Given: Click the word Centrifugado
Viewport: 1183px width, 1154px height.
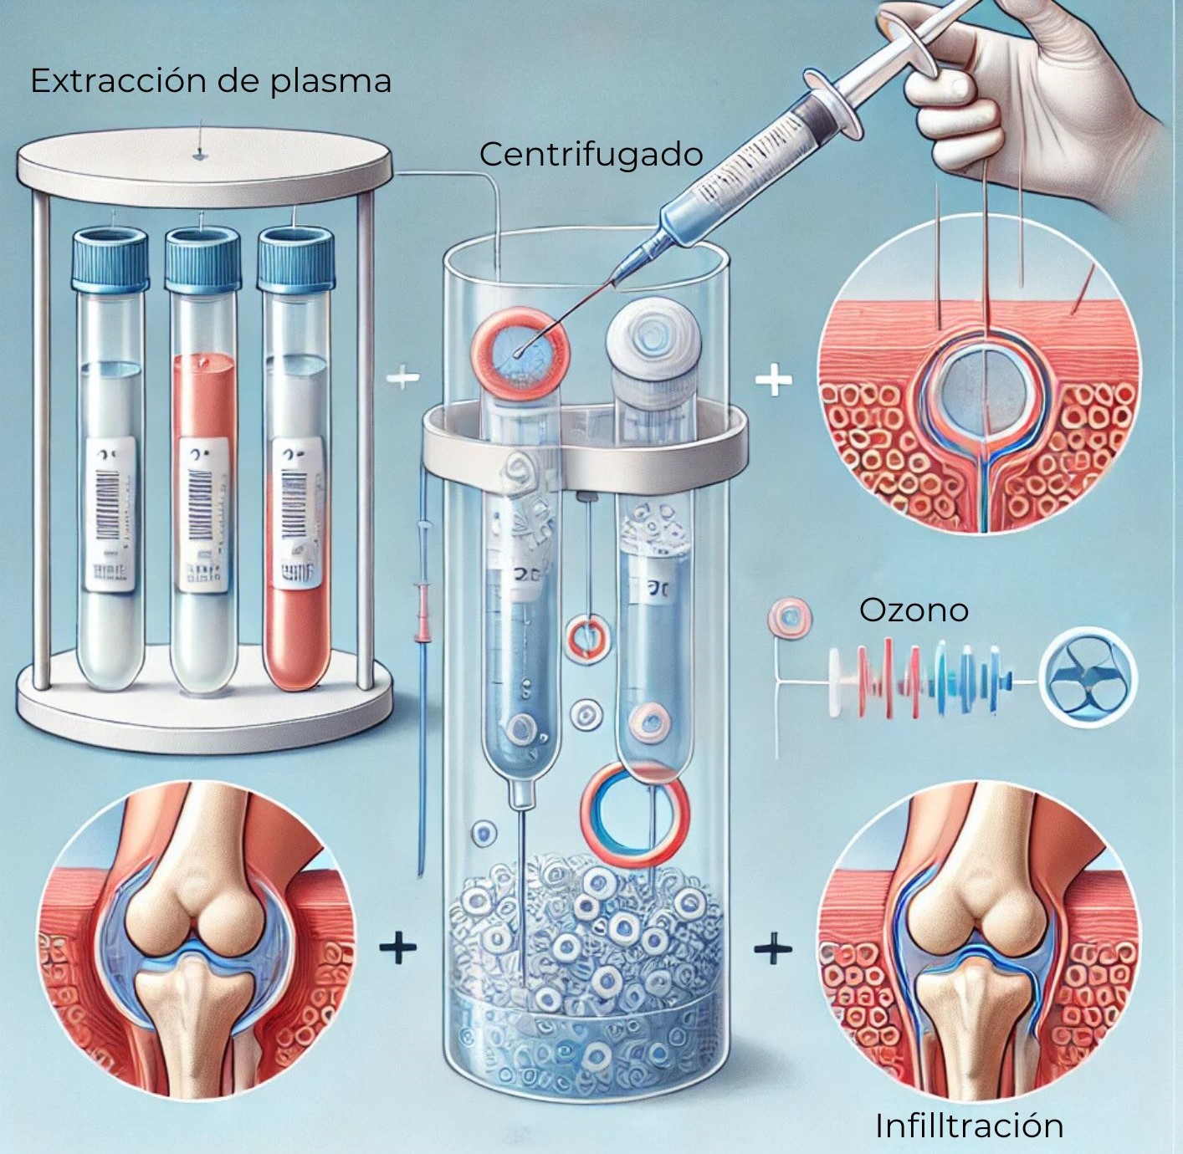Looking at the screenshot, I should coord(591,155).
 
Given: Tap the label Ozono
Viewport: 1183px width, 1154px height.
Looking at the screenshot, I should coord(914,610).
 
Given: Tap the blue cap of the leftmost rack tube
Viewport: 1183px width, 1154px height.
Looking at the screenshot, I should coord(110,259).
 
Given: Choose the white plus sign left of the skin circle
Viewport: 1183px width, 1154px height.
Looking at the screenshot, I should coord(774,381).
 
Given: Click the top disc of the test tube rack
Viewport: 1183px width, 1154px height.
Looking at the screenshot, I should coord(204,164).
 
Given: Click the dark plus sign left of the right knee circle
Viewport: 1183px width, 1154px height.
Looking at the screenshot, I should coord(773,948).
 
